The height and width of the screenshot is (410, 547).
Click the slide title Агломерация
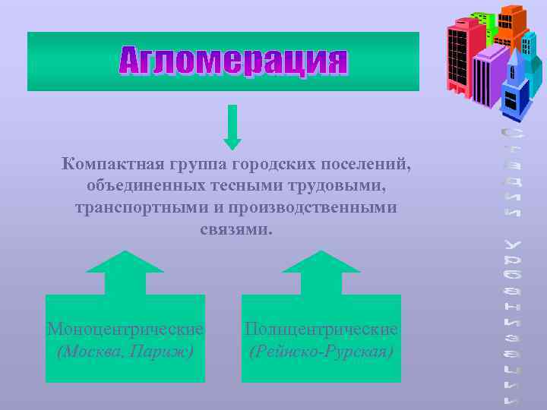tap(233, 61)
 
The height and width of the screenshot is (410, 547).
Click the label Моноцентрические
tap(125, 330)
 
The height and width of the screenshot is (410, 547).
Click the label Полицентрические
tap(321, 330)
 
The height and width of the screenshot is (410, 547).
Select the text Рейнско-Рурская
tap(321, 352)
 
